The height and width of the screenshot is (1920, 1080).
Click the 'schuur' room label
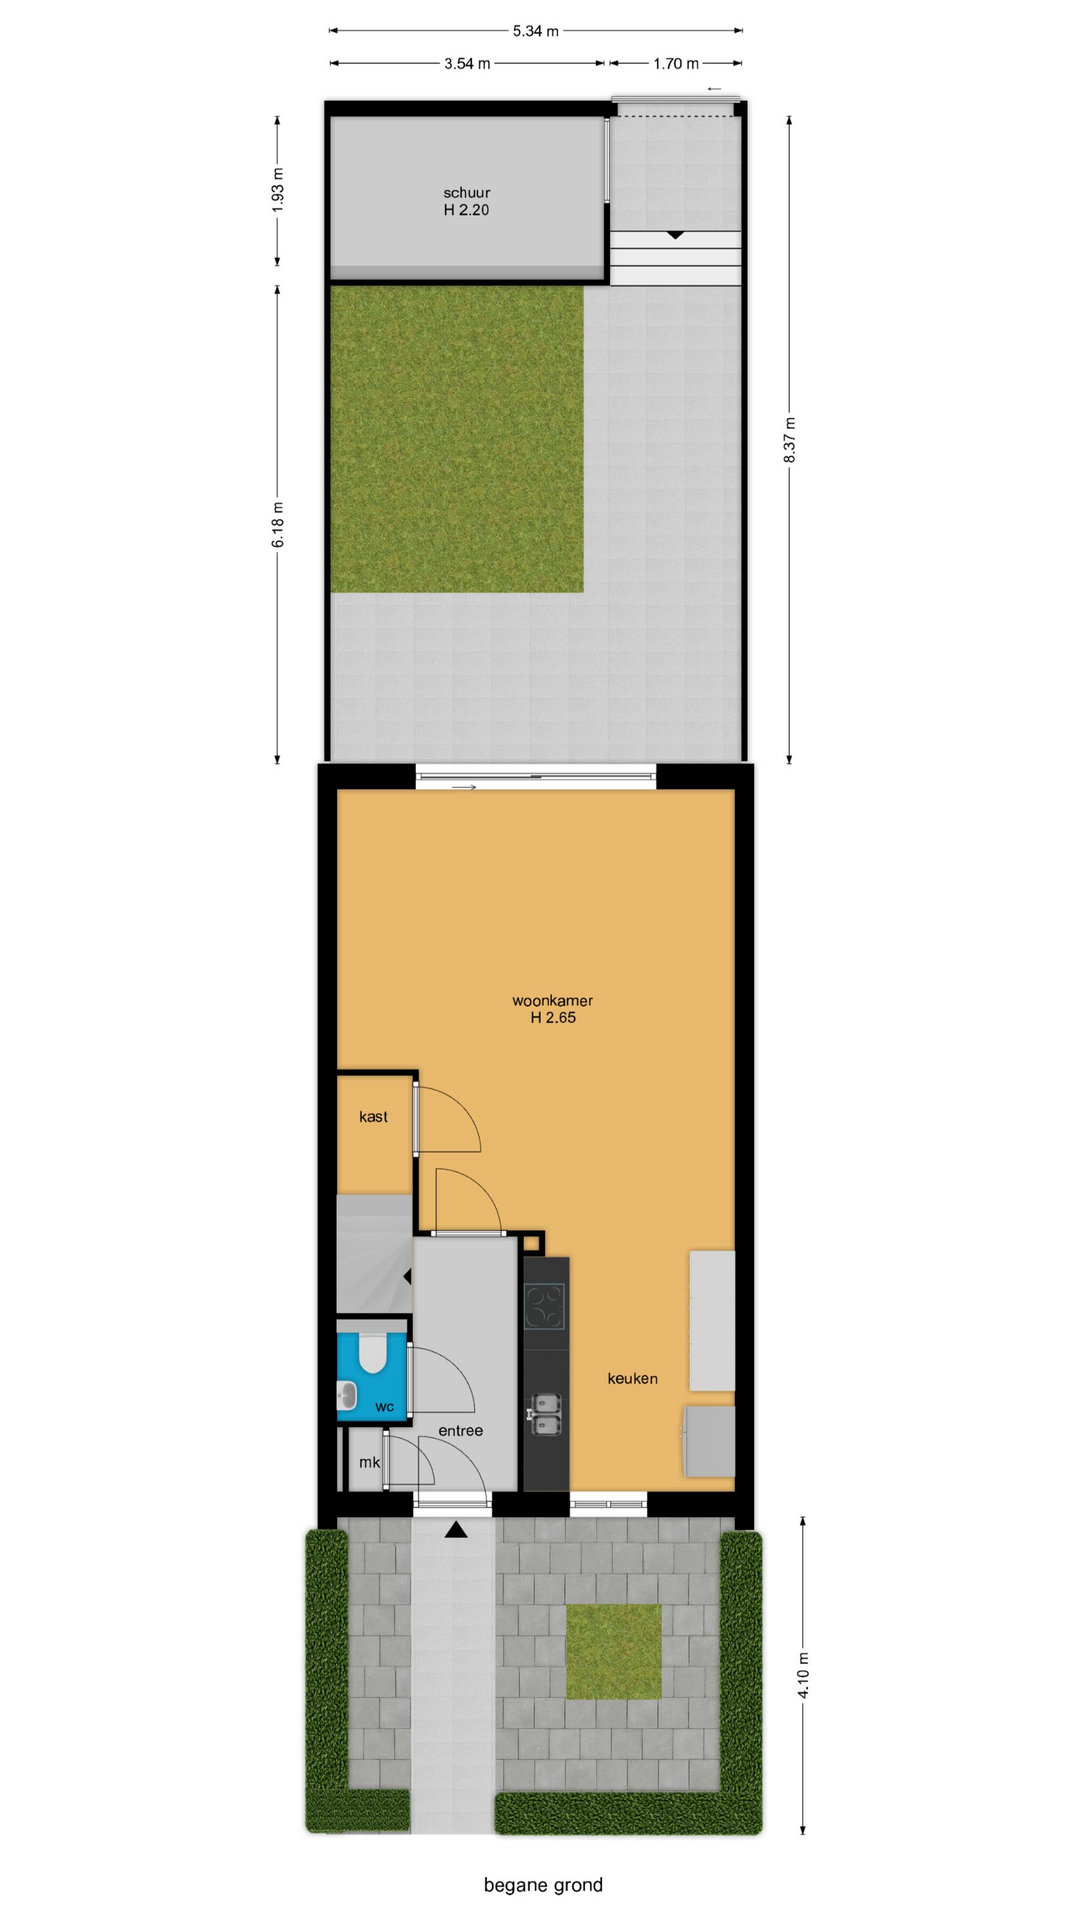tap(467, 193)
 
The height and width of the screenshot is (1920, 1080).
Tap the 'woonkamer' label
tap(553, 1001)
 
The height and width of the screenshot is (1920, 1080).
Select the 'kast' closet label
tap(373, 1117)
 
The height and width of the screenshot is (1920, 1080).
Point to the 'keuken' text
tap(633, 1379)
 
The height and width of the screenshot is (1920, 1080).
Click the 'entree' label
tap(461, 1431)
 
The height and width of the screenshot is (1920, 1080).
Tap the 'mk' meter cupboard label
tap(369, 1462)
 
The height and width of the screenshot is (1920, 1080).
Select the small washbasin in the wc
tap(347, 1394)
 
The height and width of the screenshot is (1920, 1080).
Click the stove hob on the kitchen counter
tap(545, 1306)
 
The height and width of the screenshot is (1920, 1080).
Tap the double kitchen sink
tap(545, 1414)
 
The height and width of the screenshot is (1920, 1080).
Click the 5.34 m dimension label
tap(536, 31)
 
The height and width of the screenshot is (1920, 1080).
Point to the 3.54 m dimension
tap(467, 64)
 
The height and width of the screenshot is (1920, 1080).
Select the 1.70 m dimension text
tap(676, 64)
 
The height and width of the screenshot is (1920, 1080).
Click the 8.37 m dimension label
tap(790, 440)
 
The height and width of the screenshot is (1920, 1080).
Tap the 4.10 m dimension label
tap(804, 1675)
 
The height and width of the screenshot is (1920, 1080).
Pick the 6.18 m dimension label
tap(278, 525)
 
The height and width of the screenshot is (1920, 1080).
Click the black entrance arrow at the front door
tap(456, 1529)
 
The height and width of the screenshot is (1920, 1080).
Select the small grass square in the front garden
tap(614, 1652)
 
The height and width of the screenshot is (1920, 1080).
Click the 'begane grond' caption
tap(543, 1885)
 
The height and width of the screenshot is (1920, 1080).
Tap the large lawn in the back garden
tap(457, 439)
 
